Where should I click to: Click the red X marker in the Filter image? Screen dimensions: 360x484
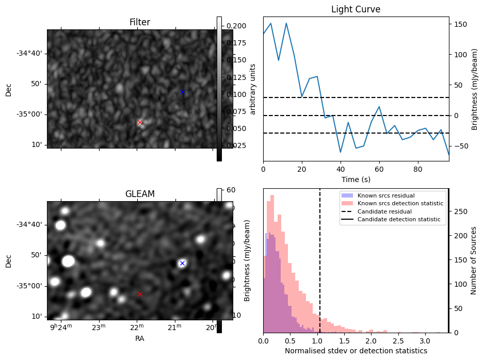(x=140, y=122)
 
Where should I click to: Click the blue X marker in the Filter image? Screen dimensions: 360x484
(x=182, y=92)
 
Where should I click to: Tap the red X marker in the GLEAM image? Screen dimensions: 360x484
(x=140, y=294)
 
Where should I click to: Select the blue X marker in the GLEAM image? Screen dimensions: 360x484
(x=182, y=263)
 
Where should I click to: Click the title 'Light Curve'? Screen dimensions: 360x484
(x=356, y=10)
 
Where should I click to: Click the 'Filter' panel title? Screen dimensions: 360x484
(x=140, y=22)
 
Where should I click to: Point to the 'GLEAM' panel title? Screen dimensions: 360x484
(x=140, y=194)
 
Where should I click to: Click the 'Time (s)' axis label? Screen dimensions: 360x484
(x=356, y=179)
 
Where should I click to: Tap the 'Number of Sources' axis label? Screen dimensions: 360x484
(x=474, y=260)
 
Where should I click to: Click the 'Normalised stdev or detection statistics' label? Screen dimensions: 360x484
(x=356, y=351)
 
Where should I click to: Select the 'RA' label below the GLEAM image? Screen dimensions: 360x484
(x=140, y=339)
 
